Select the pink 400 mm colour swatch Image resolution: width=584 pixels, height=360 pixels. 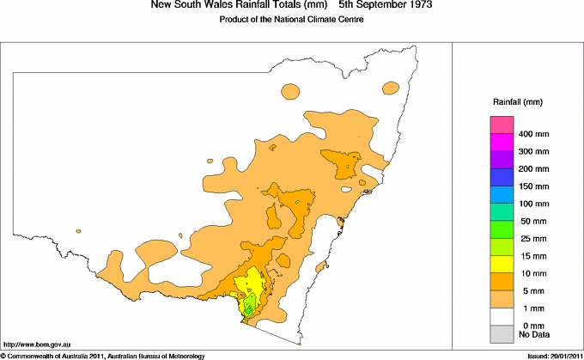502,125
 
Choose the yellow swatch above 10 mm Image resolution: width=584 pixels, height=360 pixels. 502,264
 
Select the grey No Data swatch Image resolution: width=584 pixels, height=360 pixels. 502,333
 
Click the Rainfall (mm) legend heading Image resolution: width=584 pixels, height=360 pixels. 515,102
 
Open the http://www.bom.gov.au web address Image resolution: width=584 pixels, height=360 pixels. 37,343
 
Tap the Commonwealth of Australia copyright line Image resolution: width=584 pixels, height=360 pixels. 103,355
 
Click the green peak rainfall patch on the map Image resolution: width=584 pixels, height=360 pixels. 249,305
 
